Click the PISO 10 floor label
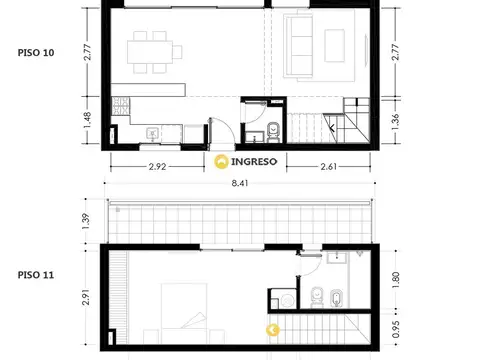[x=36, y=53]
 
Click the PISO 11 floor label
[x=36, y=275]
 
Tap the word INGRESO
[x=254, y=162]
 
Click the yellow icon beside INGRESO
[x=221, y=162]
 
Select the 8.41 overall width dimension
[x=240, y=183]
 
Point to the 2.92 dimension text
[x=157, y=166]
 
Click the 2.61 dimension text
[x=329, y=166]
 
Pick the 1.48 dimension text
[x=87, y=120]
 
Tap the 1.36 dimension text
[x=395, y=122]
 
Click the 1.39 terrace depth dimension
[x=86, y=221]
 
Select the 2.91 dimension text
[x=86, y=297]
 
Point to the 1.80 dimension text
[x=396, y=280]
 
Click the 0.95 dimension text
[x=396, y=329]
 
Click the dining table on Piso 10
[x=150, y=52]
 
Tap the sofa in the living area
[x=298, y=46]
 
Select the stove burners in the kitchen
[x=121, y=106]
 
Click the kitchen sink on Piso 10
[x=153, y=134]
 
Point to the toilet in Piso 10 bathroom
[x=273, y=132]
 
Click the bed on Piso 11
[x=184, y=313]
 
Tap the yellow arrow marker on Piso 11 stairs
[x=273, y=330]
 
